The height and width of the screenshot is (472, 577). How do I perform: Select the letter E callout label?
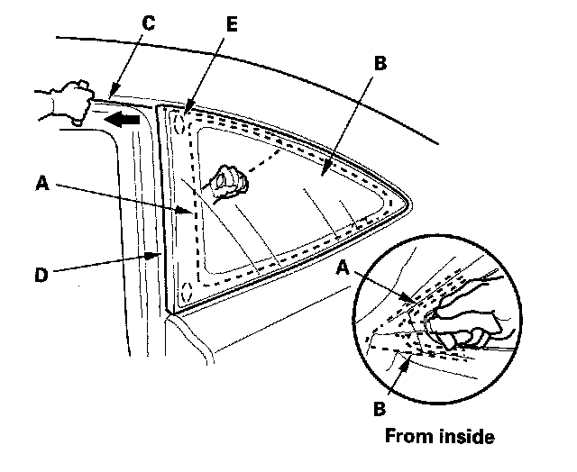point(233,24)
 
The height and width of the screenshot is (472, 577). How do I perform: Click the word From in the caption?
point(407,437)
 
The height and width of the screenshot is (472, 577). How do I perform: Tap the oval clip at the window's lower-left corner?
point(185,293)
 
